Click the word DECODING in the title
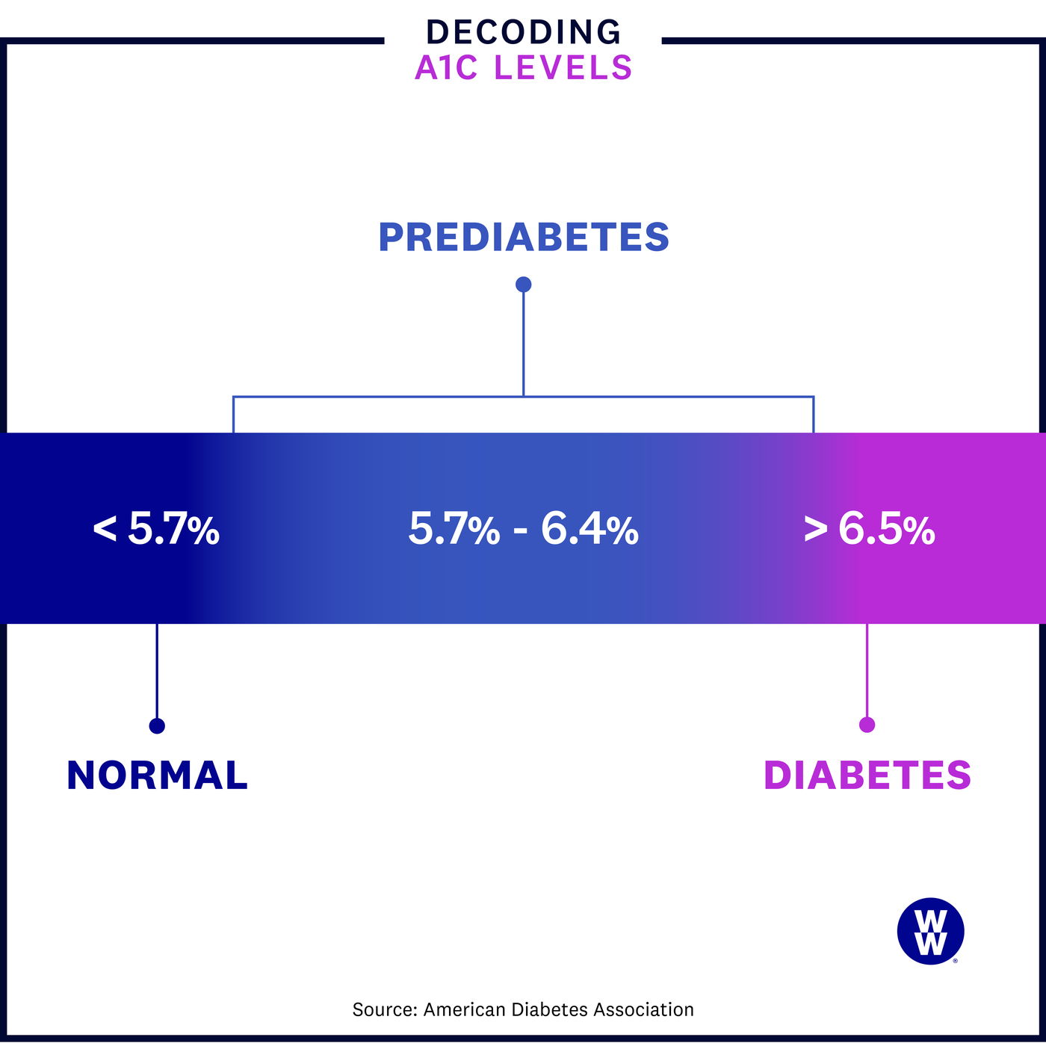[523, 32]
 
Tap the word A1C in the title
[445, 68]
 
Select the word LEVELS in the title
[563, 68]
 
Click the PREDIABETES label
[523, 238]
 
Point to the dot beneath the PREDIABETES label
[523, 285]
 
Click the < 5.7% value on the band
[156, 529]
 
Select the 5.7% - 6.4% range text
[523, 529]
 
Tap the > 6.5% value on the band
[869, 529]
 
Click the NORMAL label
[157, 775]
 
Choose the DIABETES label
[867, 775]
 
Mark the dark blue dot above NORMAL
[157, 725]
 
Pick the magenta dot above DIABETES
[867, 725]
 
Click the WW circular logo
[930, 931]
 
